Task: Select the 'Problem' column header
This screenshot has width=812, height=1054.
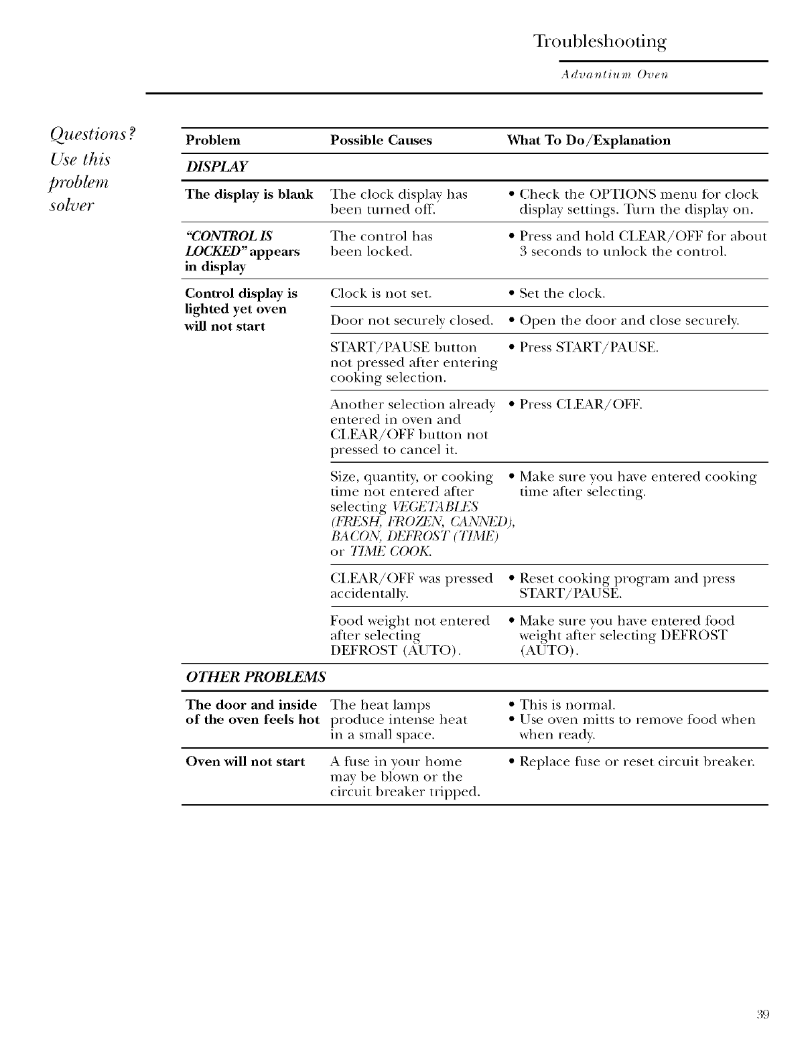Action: click(x=212, y=141)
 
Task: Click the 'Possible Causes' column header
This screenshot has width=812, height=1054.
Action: click(x=381, y=141)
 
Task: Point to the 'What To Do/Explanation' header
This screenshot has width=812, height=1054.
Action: click(x=588, y=141)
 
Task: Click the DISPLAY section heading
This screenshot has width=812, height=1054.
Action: click(x=216, y=167)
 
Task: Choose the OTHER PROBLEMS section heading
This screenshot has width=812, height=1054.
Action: click(x=255, y=676)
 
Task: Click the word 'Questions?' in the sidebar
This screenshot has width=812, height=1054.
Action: click(x=93, y=134)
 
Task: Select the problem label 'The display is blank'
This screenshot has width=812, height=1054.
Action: click(x=249, y=195)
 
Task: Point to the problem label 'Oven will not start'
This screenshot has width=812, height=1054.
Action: click(x=245, y=762)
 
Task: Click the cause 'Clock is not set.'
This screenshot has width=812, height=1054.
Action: click(x=381, y=294)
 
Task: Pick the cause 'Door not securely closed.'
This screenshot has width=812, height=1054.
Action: click(x=412, y=321)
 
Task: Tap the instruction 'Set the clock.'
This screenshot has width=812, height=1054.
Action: click(x=562, y=294)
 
